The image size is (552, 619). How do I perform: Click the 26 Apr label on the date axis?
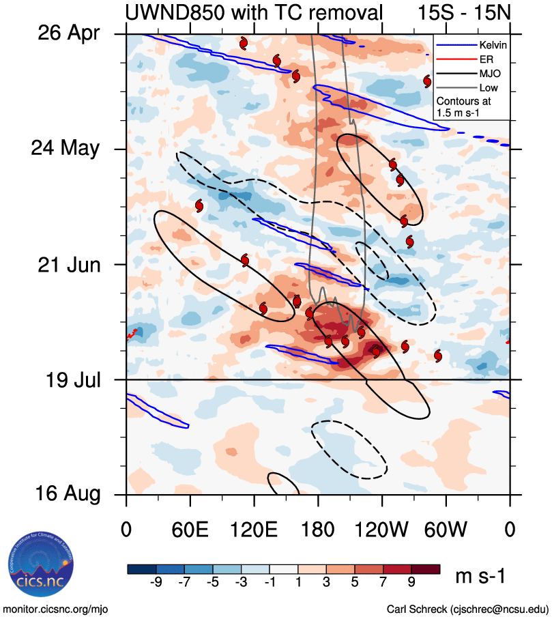[70, 33]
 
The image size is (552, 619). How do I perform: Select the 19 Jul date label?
[70, 379]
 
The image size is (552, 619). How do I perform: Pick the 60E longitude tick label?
[190, 529]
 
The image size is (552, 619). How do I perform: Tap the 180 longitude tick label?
[318, 529]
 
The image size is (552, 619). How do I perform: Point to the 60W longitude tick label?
[446, 529]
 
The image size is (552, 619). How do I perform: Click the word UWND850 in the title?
[175, 12]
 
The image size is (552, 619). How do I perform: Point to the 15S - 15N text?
[463, 12]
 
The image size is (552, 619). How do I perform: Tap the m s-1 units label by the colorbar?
[480, 577]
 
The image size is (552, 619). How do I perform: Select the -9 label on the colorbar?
[156, 586]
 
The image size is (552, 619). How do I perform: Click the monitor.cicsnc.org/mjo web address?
[56, 609]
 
